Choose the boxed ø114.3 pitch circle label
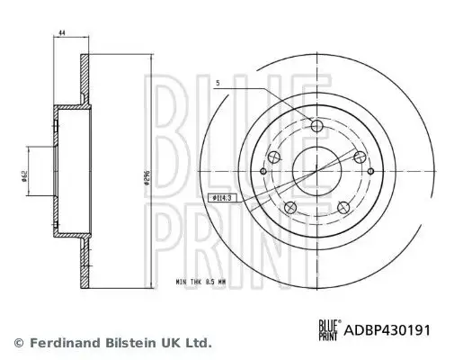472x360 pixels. (x=219, y=197)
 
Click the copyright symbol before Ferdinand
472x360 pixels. (x=18, y=343)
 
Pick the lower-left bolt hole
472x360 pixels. (x=289, y=209)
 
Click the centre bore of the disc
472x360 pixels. (x=316, y=167)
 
